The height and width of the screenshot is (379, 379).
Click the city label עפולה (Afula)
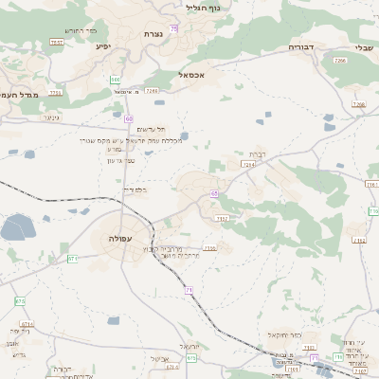[x=119, y=238]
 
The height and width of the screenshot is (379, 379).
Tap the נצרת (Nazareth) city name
[x=153, y=34]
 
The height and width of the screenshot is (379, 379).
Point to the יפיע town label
[x=103, y=45]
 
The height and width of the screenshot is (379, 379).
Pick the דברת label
[x=258, y=153]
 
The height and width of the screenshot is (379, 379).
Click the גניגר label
[x=51, y=117]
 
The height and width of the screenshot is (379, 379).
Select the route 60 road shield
[x=128, y=117]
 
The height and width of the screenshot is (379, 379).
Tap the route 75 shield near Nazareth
[x=174, y=28]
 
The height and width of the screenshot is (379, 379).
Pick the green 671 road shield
[x=73, y=258]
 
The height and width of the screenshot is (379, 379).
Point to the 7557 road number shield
[x=57, y=43]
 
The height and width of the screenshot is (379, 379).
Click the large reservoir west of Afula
[x=17, y=227]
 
